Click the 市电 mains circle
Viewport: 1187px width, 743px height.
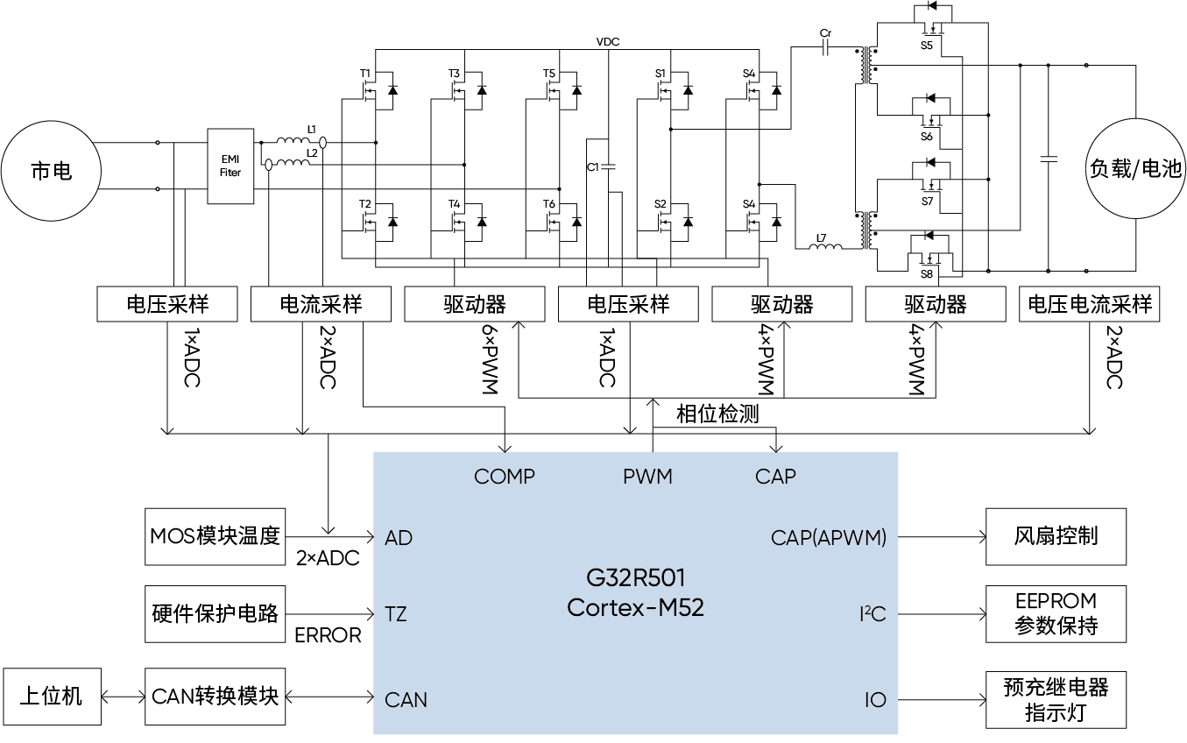(x=51, y=171)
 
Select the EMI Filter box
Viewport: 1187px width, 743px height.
(x=230, y=166)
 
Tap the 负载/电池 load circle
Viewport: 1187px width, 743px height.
(x=1135, y=168)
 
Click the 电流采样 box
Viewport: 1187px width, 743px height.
(x=321, y=304)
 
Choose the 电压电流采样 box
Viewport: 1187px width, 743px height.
(x=1090, y=304)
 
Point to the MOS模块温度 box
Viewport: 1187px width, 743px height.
(x=215, y=537)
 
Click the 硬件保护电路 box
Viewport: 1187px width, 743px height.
(x=215, y=614)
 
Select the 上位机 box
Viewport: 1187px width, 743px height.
(x=52, y=697)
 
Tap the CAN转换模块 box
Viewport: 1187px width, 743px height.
(x=215, y=697)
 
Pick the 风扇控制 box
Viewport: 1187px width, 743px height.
(x=1056, y=537)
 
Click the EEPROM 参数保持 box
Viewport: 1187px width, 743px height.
(x=1056, y=614)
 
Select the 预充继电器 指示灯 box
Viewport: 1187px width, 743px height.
(x=1056, y=700)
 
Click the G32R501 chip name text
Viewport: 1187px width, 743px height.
(x=636, y=577)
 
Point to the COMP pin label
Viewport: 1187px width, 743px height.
(x=505, y=477)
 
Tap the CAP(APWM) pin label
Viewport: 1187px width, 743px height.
(x=829, y=538)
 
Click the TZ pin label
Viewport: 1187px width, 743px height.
(x=396, y=614)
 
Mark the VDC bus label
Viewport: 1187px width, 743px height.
(x=608, y=42)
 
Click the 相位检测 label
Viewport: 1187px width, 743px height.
(x=717, y=414)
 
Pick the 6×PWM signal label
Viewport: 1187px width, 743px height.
(x=491, y=359)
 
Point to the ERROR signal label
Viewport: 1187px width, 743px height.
(x=328, y=635)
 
